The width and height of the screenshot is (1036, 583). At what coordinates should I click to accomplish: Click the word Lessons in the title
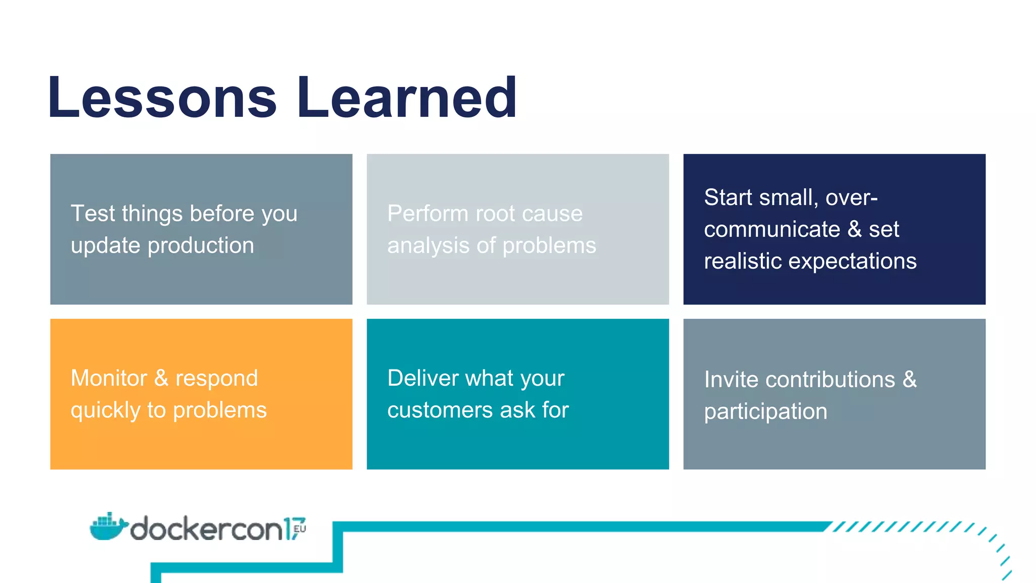pos(162,97)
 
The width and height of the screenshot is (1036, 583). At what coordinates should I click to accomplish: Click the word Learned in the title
pos(407,97)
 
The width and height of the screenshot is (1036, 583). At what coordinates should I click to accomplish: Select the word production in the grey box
pos(201,246)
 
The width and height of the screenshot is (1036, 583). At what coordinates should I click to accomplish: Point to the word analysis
pos(428,246)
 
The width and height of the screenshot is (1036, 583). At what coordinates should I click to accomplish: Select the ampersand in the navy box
pos(854,229)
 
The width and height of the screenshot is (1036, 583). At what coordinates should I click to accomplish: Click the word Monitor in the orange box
pos(109,378)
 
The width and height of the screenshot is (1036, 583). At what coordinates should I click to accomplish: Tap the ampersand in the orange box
pos(161,378)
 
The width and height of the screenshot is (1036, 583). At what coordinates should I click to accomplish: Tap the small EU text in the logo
pos(299,529)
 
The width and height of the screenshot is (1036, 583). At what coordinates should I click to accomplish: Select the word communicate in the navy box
pos(772,229)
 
